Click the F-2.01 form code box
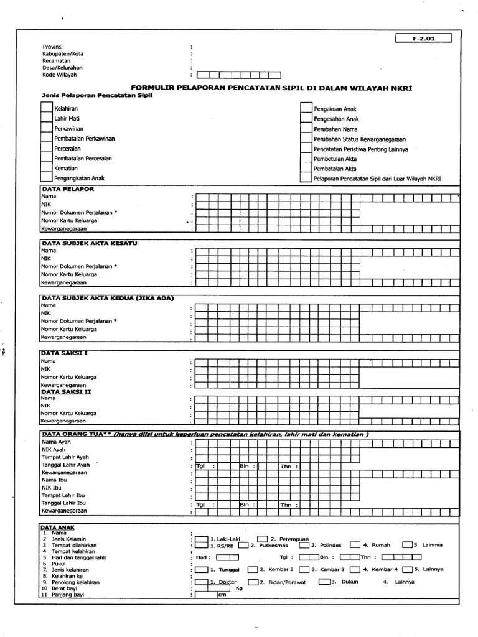424,39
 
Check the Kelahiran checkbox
47,109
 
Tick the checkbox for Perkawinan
47,129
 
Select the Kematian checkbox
47,169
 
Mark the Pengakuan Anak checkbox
306,109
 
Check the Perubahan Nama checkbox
306,129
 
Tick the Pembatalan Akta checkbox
306,169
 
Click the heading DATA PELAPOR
68,188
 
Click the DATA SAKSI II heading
66,392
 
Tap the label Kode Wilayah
60,75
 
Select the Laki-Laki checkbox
202,539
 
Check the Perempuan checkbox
263,539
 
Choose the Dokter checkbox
202,582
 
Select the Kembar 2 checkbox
252,569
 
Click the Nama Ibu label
54,480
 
